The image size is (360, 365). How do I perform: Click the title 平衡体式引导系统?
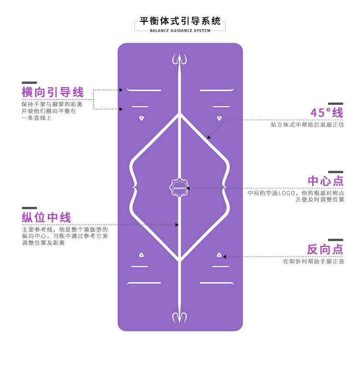(x=180, y=21)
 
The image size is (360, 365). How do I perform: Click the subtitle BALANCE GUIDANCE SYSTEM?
(x=180, y=31)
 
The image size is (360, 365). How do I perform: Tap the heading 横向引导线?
(x=53, y=93)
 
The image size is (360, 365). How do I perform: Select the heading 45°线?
(x=327, y=113)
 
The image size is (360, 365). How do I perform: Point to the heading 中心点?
(x=325, y=181)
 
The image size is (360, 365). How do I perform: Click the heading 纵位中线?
(x=46, y=217)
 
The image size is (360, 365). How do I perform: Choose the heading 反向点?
(x=325, y=250)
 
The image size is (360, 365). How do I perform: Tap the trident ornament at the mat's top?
(x=180, y=60)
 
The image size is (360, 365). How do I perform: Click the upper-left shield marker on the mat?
(x=141, y=118)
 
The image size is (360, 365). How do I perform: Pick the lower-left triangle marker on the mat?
(x=141, y=255)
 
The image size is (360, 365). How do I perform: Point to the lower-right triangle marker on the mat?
(x=219, y=255)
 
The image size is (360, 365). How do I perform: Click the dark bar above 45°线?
(x=335, y=104)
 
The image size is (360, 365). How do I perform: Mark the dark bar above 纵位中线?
(x=29, y=208)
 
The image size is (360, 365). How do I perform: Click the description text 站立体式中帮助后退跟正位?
(x=308, y=124)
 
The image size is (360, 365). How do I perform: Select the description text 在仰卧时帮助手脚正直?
(x=314, y=262)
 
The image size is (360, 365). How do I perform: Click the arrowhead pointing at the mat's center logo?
(x=188, y=188)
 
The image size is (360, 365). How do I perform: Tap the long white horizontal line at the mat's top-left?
(x=144, y=90)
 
